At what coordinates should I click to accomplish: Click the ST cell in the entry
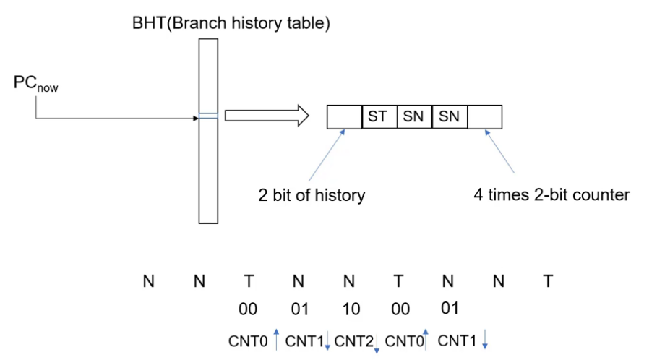click(379, 117)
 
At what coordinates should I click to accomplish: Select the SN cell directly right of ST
click(414, 117)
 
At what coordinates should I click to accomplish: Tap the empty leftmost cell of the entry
click(345, 117)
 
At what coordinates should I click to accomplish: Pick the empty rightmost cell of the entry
click(484, 117)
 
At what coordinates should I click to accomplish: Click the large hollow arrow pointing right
click(267, 116)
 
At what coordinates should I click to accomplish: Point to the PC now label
click(35, 83)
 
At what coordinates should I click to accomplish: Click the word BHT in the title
click(149, 23)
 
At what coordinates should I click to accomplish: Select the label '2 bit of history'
click(312, 195)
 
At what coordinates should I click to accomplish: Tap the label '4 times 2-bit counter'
click(551, 195)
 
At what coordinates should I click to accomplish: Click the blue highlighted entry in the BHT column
click(208, 116)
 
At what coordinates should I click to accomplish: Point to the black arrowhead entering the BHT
click(196, 119)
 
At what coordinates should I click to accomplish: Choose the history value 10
click(351, 309)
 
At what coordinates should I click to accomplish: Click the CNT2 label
click(354, 341)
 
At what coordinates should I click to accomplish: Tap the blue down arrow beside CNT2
click(377, 343)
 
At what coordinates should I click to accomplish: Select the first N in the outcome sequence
click(149, 281)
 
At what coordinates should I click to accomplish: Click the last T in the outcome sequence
click(548, 281)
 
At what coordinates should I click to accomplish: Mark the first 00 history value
click(248, 309)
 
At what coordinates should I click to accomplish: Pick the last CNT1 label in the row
click(457, 341)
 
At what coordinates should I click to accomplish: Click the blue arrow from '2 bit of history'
click(327, 155)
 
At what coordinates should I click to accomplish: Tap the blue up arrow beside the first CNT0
click(276, 340)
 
